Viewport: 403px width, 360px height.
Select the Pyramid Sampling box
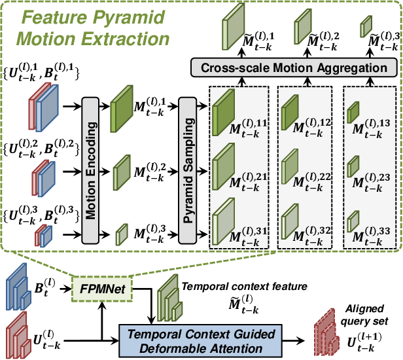tap(188, 170)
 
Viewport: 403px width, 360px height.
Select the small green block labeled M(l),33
tap(353, 219)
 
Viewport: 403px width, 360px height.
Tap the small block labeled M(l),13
tap(353, 112)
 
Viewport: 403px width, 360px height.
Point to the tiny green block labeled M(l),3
tap(122, 232)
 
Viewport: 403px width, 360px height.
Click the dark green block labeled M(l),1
tap(122, 103)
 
